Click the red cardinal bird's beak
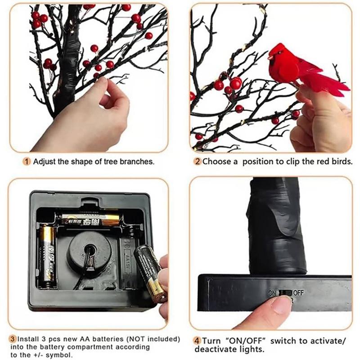270,57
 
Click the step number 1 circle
27,162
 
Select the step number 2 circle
197,162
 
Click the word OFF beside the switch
298,292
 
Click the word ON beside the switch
272,293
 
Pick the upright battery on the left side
46,256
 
